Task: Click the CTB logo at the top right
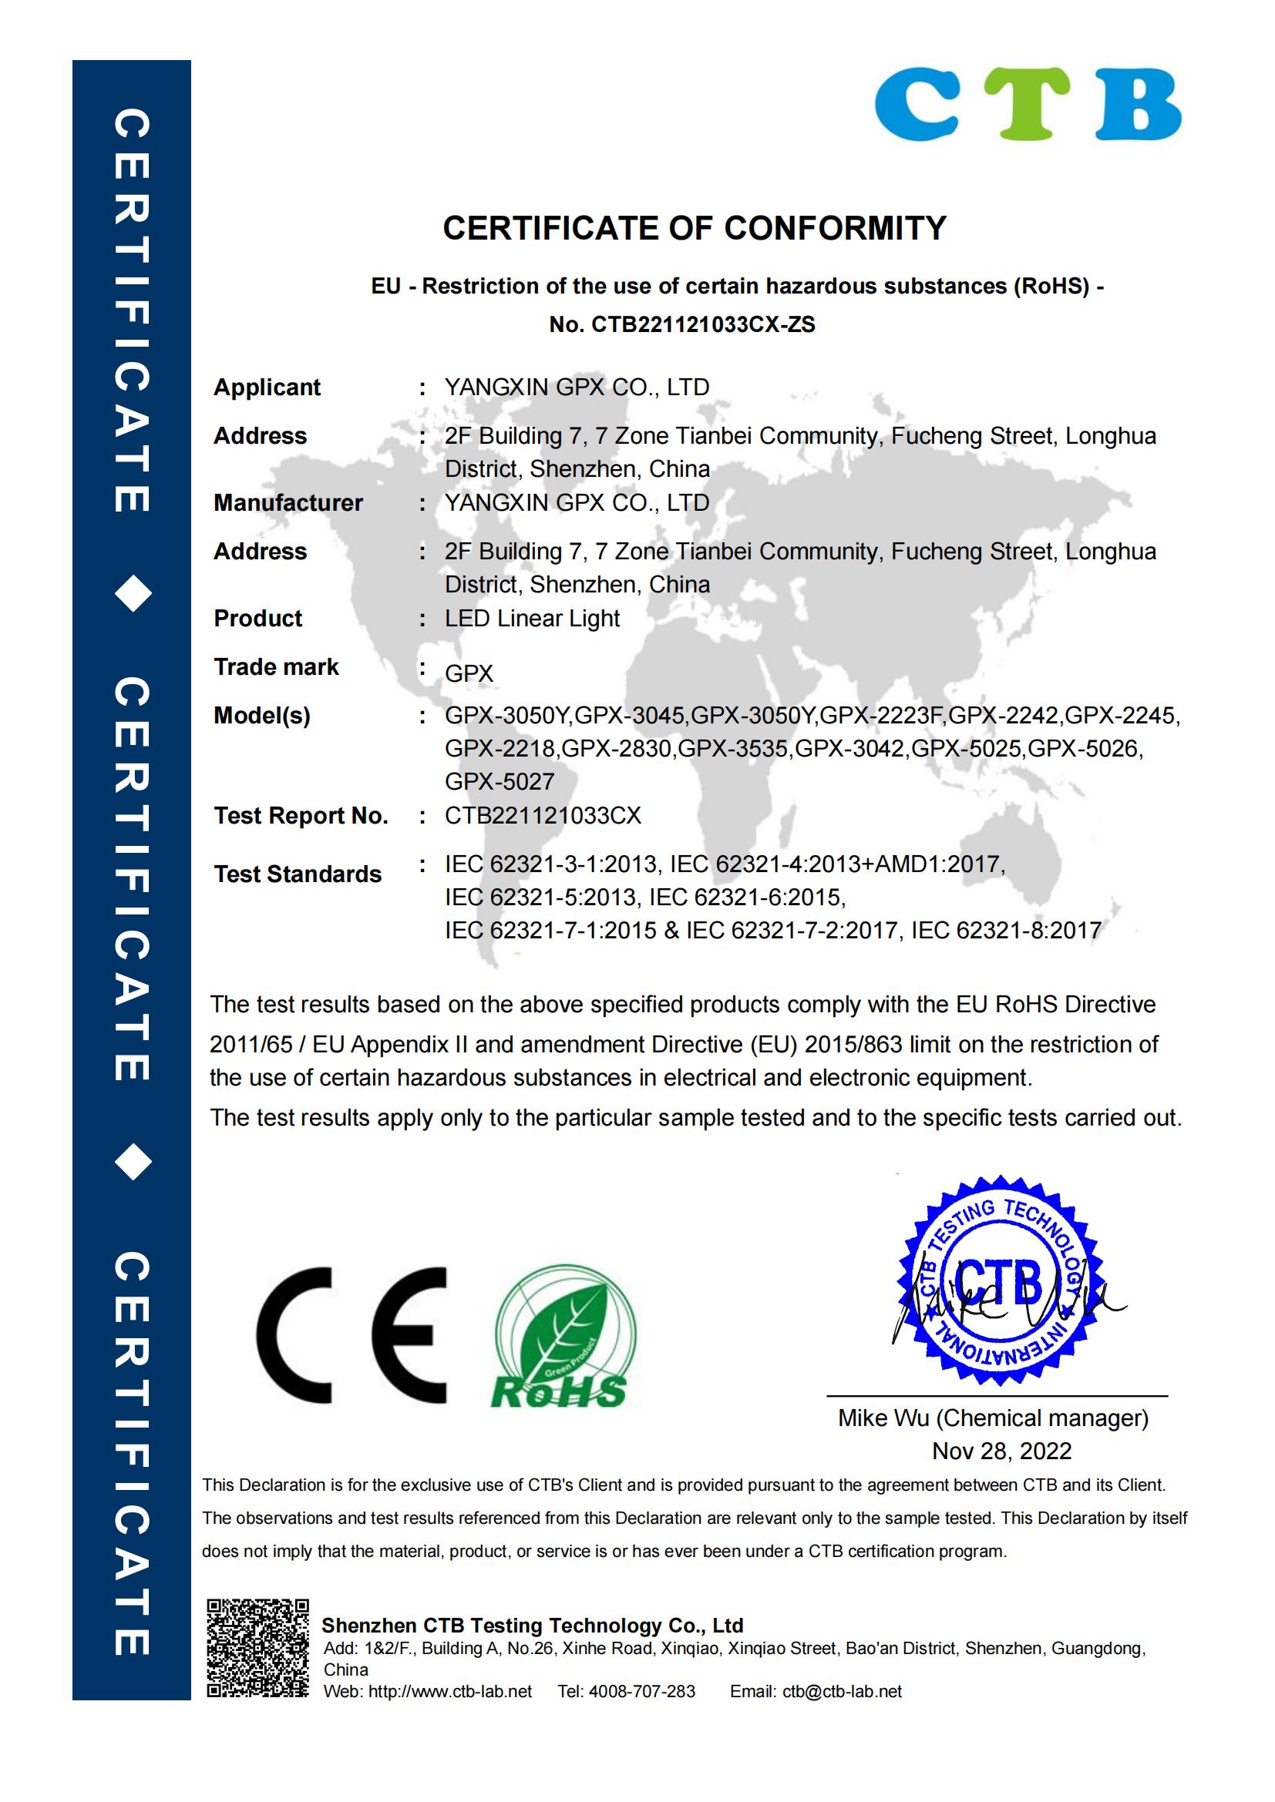1028,103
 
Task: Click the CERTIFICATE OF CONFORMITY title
694,228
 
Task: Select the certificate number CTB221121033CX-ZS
703,325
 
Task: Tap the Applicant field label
267,388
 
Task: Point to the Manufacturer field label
288,503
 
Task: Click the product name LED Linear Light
532,619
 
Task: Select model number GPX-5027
500,782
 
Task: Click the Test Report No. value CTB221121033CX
543,816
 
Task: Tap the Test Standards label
298,874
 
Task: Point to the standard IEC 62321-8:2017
1006,931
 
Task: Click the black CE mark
351,1335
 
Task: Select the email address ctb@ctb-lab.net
842,1691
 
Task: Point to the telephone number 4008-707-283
641,1691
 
